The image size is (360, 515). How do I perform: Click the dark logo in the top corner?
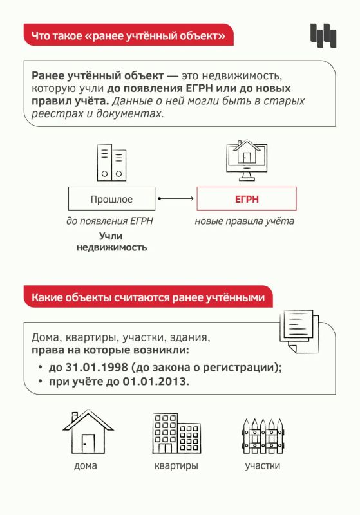click(x=323, y=35)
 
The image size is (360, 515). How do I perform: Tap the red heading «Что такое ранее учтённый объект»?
click(x=128, y=35)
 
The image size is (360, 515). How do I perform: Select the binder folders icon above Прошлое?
click(x=111, y=163)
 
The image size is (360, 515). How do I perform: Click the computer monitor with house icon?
click(x=247, y=160)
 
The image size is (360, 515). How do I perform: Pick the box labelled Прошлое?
click(x=111, y=199)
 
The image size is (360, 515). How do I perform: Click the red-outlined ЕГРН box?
click(x=247, y=199)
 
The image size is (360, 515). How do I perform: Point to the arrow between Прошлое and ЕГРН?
click(x=176, y=198)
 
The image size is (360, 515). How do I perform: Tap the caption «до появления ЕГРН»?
click(x=109, y=221)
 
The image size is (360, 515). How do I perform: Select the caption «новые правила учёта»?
click(x=244, y=221)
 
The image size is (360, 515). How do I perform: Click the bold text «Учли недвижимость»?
click(x=111, y=241)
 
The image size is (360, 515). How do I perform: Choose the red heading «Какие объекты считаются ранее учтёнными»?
click(x=148, y=297)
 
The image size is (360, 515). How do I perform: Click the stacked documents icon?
click(x=299, y=331)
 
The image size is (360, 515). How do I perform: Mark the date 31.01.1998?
click(x=97, y=367)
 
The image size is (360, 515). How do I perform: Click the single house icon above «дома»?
click(x=88, y=432)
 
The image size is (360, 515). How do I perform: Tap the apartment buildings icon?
click(x=176, y=433)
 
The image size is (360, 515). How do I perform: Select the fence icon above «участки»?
click(x=263, y=436)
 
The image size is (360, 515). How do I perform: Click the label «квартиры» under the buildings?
click(x=176, y=465)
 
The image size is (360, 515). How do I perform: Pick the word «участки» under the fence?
click(x=263, y=465)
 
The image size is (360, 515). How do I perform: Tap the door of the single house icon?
click(x=88, y=444)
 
